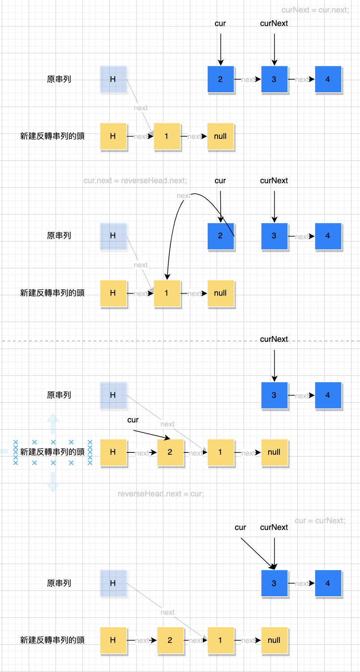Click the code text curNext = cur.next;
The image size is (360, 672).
pyautogui.click(x=315, y=10)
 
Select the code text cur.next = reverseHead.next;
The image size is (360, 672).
pyautogui.click(x=135, y=181)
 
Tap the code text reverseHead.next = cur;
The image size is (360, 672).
pyautogui.click(x=161, y=494)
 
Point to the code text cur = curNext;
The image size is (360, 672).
pyautogui.click(x=320, y=521)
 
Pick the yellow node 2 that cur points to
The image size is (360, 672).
pyautogui.click(x=170, y=452)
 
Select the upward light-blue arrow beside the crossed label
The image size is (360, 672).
pyautogui.click(x=53, y=424)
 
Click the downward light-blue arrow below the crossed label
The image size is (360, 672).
pyautogui.click(x=53, y=482)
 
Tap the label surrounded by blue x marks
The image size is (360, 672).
pyautogui.click(x=52, y=452)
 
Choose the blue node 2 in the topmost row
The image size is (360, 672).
pyautogui.click(x=220, y=79)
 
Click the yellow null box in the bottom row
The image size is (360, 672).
pyautogui.click(x=274, y=640)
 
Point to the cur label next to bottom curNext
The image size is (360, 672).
pyautogui.click(x=240, y=527)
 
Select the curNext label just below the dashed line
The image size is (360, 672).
pyautogui.click(x=274, y=339)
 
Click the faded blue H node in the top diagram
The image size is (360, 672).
pyautogui.click(x=113, y=79)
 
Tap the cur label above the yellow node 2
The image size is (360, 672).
pyautogui.click(x=133, y=420)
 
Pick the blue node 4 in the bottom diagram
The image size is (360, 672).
pyautogui.click(x=328, y=583)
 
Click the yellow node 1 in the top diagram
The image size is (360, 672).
pyautogui.click(x=167, y=136)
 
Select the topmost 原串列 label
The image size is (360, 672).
pyautogui.click(x=59, y=79)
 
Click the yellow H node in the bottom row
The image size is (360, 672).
pyautogui.click(x=113, y=640)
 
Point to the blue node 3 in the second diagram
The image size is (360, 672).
pyautogui.click(x=274, y=236)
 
